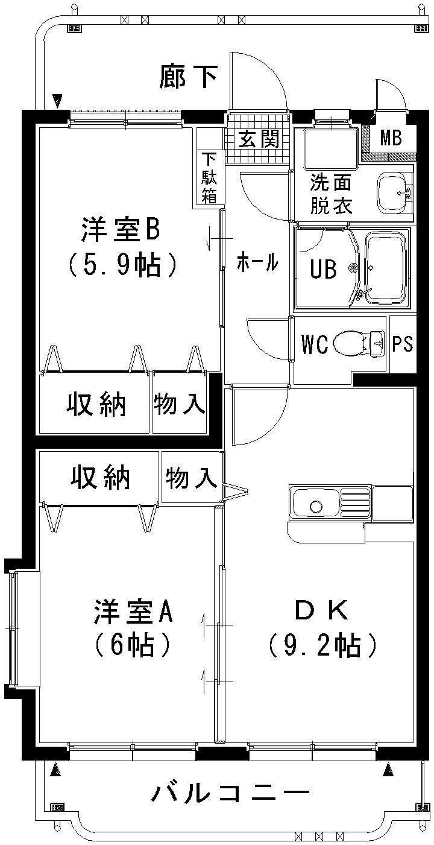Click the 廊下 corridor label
188,77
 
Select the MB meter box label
391,139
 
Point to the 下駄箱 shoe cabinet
209,178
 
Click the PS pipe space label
403,344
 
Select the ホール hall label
257,262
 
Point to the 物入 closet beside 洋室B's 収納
179,404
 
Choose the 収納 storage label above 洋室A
101,478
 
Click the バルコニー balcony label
230,791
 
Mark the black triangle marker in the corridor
58,100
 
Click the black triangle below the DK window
388,768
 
